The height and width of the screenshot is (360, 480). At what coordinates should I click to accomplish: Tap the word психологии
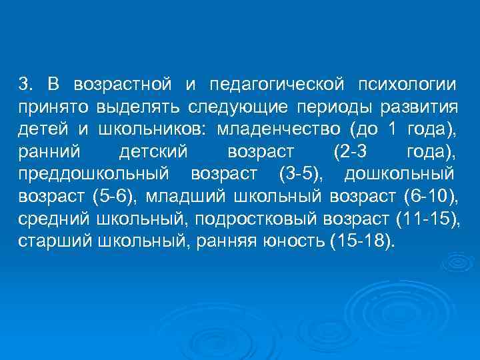(x=407, y=85)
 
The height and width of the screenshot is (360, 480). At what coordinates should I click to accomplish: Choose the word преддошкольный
(x=93, y=175)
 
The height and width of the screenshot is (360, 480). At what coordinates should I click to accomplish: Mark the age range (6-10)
(x=431, y=198)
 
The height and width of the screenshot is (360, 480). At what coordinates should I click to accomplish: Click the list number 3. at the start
(x=25, y=85)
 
